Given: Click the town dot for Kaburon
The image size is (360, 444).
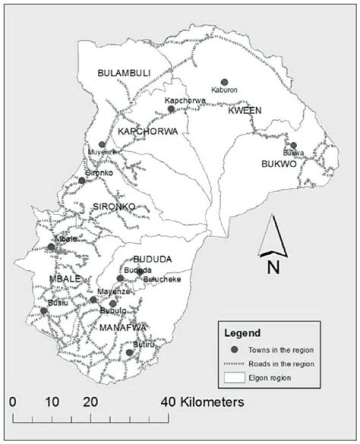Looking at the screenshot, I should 224,82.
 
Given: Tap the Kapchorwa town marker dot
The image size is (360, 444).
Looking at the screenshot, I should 171,109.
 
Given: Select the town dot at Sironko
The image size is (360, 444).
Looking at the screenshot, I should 82,180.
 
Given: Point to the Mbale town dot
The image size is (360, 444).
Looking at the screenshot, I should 51,246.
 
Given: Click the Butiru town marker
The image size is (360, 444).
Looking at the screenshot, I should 129,352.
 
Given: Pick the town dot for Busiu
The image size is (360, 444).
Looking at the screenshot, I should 43,311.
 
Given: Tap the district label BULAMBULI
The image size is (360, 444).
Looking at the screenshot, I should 124,73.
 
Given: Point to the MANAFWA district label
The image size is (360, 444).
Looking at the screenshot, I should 122,327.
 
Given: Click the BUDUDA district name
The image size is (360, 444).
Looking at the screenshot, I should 152,259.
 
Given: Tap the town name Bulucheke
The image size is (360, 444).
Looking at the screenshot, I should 162,279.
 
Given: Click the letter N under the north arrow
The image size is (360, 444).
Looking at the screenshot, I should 273,267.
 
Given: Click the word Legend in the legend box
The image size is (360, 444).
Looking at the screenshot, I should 242,332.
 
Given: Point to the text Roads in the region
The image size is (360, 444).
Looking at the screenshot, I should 283,364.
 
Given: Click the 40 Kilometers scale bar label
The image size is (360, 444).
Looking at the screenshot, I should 202,401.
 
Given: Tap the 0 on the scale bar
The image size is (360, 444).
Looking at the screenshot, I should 13,401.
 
